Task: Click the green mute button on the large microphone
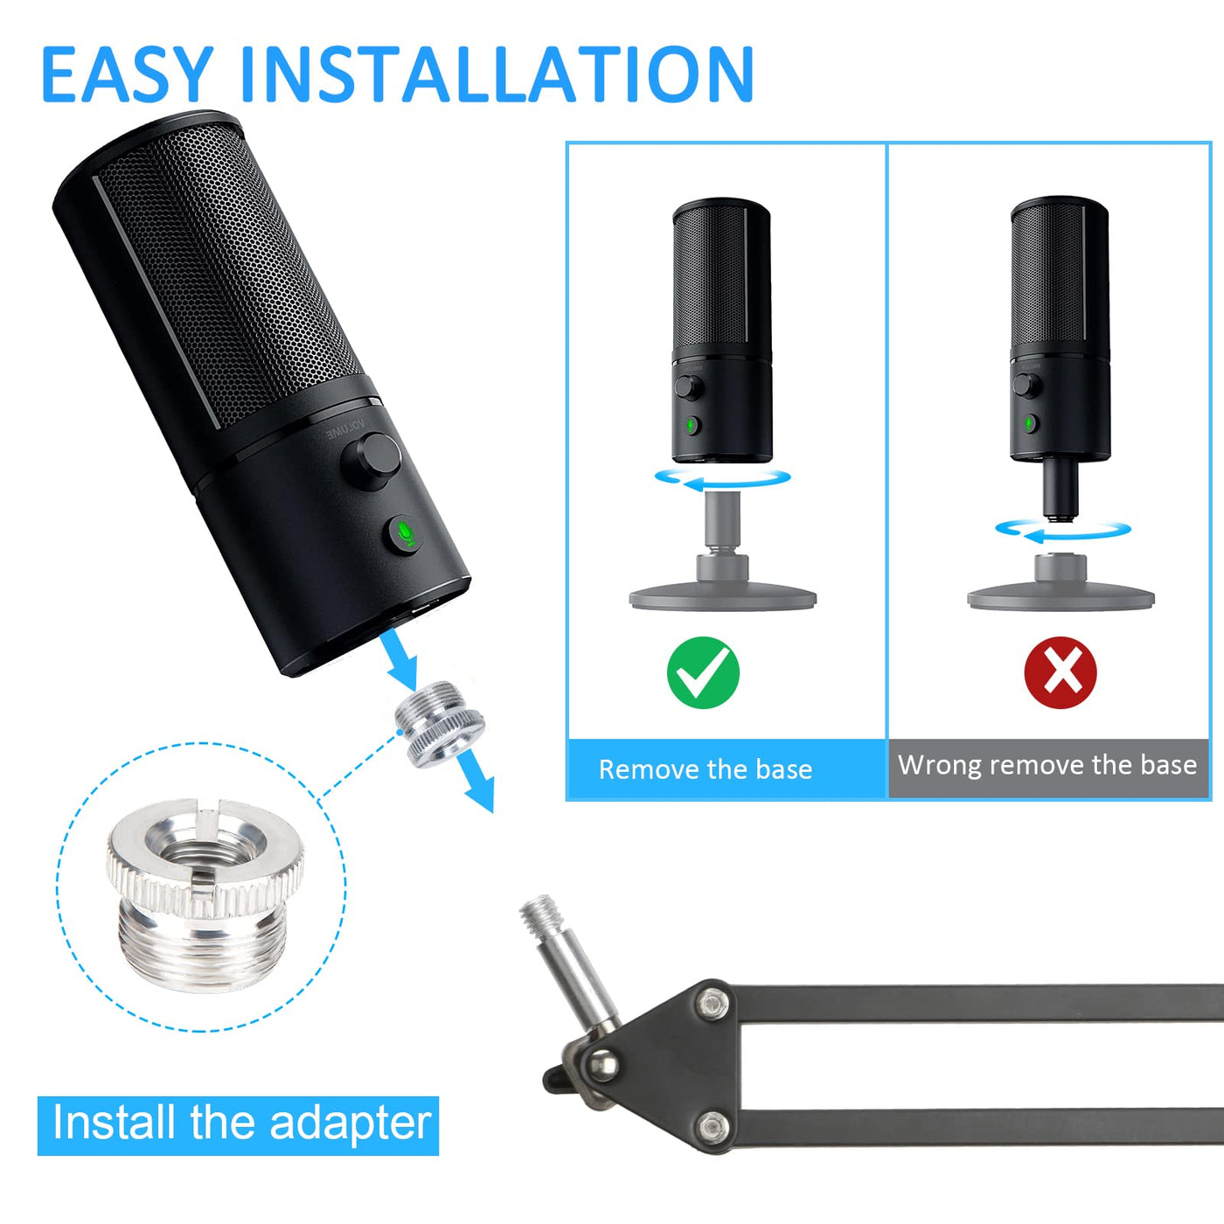point(405,533)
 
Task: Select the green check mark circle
point(703,672)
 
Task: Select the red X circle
point(1061,672)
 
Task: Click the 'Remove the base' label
point(705,769)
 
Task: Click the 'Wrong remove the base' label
point(1047,765)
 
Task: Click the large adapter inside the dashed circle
point(205,896)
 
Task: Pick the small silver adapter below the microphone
point(440,724)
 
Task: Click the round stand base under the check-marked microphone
point(723,599)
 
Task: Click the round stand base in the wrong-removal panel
point(1061,599)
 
